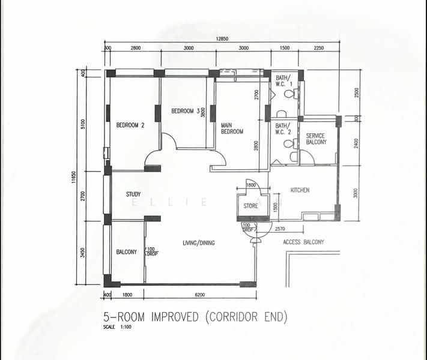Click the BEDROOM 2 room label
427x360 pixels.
130,125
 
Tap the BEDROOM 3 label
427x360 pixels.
185,111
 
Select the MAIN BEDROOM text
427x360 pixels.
232,128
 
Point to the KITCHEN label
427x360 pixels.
300,190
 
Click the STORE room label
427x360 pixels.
250,206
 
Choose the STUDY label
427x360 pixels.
133,194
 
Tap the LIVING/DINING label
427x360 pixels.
199,243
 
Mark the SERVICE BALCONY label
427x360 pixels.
316,139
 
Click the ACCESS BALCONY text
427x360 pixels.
303,242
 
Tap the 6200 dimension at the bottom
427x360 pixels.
200,295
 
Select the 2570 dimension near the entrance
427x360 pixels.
279,229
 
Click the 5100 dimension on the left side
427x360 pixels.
83,124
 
